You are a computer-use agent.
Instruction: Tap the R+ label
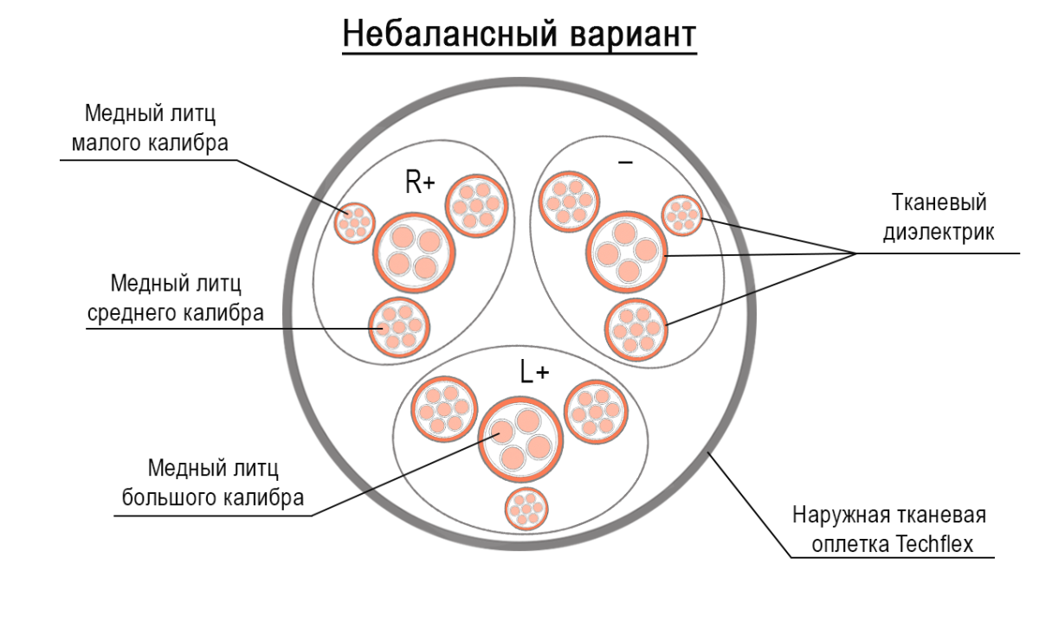(420, 183)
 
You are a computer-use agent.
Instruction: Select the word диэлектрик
(939, 232)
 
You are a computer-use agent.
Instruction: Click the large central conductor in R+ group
(413, 252)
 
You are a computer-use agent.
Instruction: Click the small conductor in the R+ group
(354, 221)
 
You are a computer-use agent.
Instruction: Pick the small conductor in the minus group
(683, 215)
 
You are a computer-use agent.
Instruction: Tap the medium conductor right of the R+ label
(476, 204)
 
